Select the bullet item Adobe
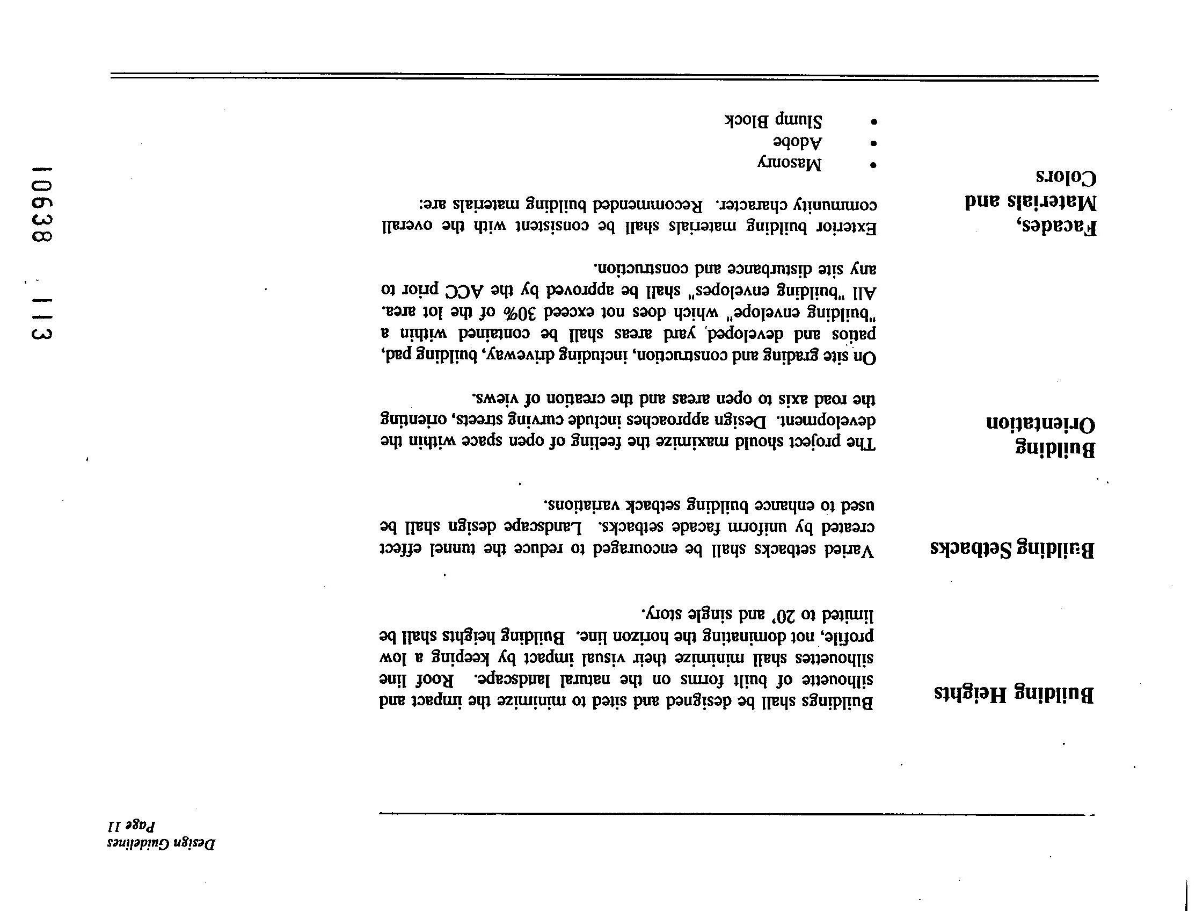[798, 142]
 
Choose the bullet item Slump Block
[773, 120]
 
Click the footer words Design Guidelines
[162, 844]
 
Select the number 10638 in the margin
[42, 204]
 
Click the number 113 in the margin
[42, 319]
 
